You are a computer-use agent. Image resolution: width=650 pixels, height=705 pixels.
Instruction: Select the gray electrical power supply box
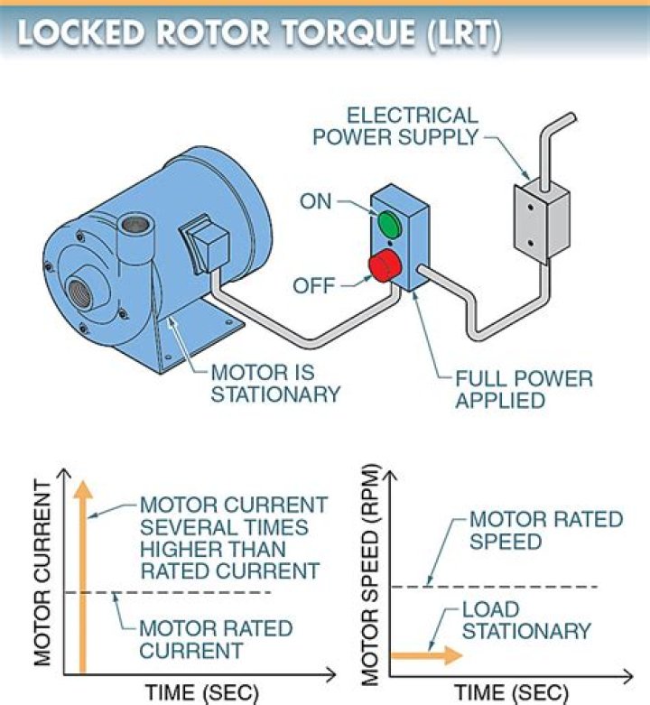click(x=541, y=219)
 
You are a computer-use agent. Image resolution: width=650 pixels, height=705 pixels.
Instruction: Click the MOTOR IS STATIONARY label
click(x=275, y=383)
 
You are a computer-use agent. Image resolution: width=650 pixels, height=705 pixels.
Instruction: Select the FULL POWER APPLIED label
click(x=524, y=387)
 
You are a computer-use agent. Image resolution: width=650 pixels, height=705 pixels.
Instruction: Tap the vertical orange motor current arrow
click(x=83, y=578)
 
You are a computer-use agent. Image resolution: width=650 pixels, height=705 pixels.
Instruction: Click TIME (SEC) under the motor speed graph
click(x=511, y=692)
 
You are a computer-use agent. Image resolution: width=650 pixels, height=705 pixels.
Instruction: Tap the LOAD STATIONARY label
click(x=526, y=619)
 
